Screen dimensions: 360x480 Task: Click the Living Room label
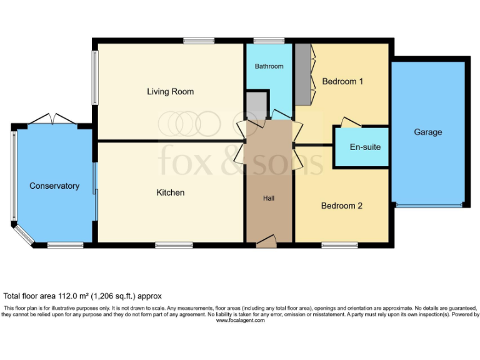pos(170,92)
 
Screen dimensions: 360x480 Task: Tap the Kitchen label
pos(170,192)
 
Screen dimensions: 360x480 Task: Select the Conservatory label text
pos(54,186)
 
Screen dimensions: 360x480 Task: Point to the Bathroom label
pos(269,66)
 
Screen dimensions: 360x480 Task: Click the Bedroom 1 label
pos(342,82)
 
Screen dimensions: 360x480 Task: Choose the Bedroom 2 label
pos(342,206)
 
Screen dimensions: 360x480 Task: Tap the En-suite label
pos(365,147)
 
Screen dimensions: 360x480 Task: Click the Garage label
pos(427,132)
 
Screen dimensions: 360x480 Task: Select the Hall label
pos(269,198)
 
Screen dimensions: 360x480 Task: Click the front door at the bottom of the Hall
pos(267,240)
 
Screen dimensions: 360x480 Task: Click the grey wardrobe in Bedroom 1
pos(302,74)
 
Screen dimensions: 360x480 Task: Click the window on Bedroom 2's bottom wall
pos(339,244)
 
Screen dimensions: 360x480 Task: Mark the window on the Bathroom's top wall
pos(269,41)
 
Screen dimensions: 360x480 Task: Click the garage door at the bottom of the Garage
pos(427,205)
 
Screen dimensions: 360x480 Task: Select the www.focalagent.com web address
pos(241,321)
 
